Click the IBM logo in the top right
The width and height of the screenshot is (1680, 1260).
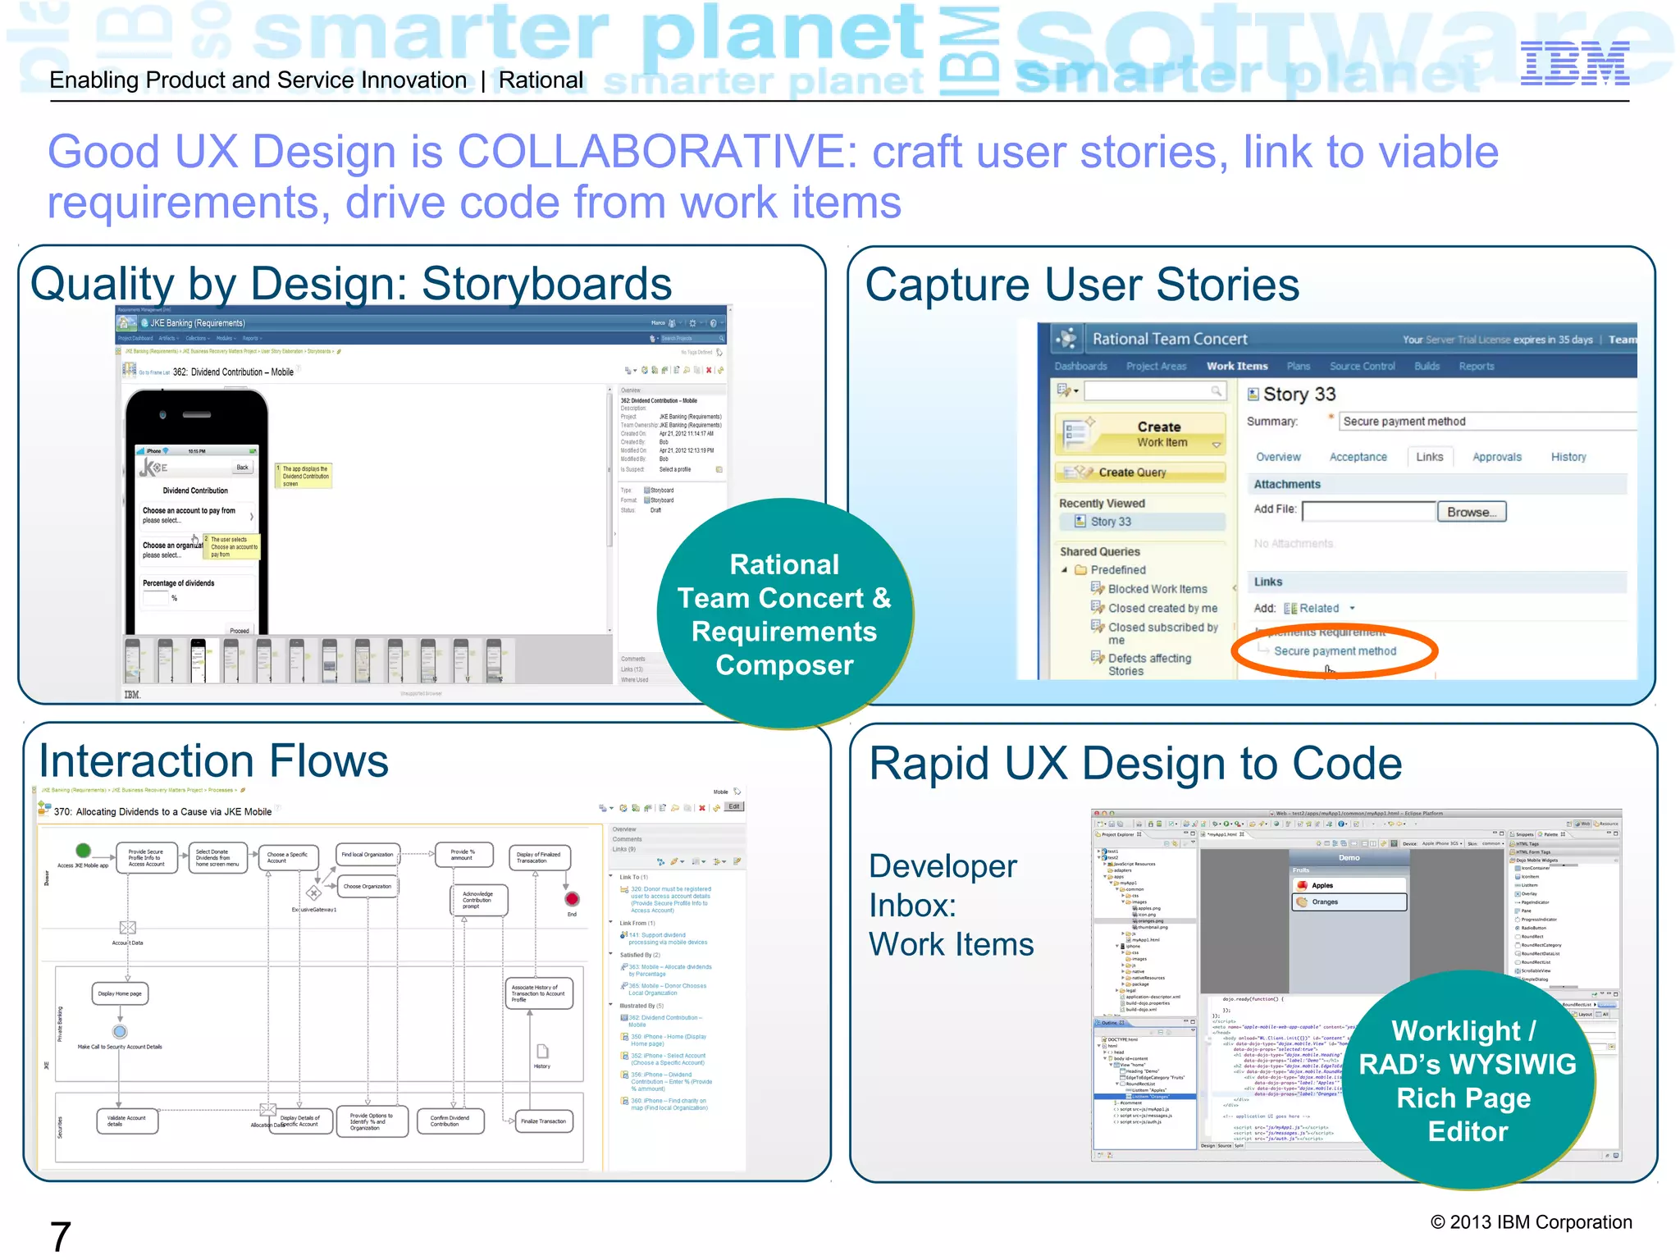pyautogui.click(x=1574, y=64)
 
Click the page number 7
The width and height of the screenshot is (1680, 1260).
pyautogui.click(x=61, y=1235)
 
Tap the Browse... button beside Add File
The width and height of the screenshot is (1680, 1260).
pyautogui.click(x=1471, y=512)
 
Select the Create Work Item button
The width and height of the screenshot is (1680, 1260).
pyautogui.click(x=1141, y=434)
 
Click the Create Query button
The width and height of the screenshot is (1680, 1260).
pyautogui.click(x=1141, y=472)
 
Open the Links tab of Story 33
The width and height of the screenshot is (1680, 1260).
pyautogui.click(x=1429, y=457)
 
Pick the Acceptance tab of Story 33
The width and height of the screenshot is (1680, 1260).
pyautogui.click(x=1358, y=457)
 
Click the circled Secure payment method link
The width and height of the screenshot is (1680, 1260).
pyautogui.click(x=1335, y=651)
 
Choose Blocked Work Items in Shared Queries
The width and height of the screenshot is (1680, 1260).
pyautogui.click(x=1157, y=589)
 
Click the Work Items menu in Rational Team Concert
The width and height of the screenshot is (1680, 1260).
pyautogui.click(x=1236, y=366)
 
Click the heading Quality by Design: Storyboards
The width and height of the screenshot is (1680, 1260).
pyautogui.click(x=351, y=284)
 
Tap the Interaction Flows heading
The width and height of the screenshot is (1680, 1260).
pyautogui.click(x=214, y=761)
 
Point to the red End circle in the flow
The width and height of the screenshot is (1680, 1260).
pyautogui.click(x=572, y=899)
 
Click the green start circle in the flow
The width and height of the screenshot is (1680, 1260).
pyautogui.click(x=83, y=850)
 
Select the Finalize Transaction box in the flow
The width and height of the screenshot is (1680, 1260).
pyautogui.click(x=542, y=1121)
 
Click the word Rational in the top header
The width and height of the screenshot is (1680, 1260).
pyautogui.click(x=541, y=80)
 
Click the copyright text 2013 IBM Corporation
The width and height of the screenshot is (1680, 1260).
pyautogui.click(x=1531, y=1222)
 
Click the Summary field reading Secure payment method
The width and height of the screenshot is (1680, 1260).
pyautogui.click(x=1485, y=422)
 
